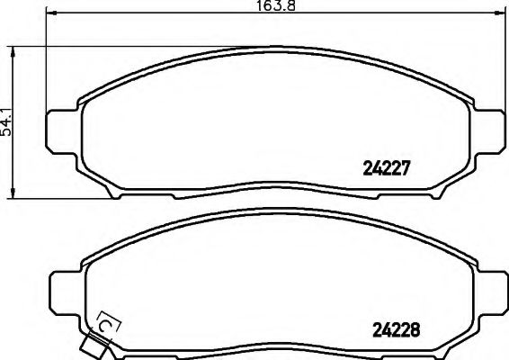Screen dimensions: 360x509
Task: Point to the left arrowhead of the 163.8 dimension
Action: tap(49, 13)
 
